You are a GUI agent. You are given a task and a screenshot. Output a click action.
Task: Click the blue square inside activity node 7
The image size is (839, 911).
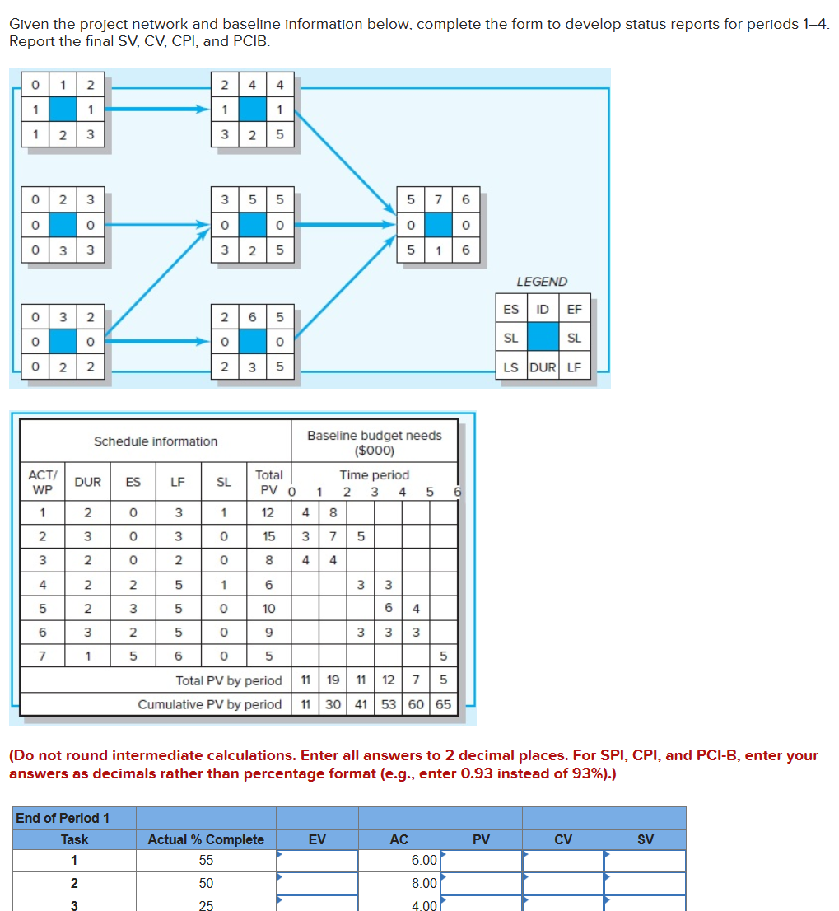[439, 225]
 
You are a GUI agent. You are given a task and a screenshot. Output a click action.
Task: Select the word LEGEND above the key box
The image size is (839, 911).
[542, 282]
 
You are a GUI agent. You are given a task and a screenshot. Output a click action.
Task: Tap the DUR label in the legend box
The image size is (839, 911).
[543, 367]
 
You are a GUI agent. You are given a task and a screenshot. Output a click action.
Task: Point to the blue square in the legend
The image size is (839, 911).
[543, 339]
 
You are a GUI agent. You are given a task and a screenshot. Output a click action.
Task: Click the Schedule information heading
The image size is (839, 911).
[156, 441]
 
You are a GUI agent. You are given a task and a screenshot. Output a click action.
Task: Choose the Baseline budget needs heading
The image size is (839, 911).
[375, 442]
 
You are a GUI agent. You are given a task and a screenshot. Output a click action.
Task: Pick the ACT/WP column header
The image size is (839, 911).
[42, 483]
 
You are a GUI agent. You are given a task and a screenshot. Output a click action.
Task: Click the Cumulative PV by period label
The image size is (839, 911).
[210, 704]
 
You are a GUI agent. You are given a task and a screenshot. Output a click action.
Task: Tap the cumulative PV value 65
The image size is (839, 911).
[443, 704]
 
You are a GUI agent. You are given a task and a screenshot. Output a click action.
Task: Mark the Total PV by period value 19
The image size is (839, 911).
[333, 680]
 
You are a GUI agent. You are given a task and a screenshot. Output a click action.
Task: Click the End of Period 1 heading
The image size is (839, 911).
[63, 818]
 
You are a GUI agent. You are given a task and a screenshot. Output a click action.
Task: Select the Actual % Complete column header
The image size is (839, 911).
[206, 839]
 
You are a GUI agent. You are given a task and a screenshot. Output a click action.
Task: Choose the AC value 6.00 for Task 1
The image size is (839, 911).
[423, 861]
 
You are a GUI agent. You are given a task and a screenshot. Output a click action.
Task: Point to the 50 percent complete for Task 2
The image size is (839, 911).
[206, 883]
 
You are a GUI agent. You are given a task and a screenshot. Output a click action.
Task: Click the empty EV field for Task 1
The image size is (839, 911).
[317, 861]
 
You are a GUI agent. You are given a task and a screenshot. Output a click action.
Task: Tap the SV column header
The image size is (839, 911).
[645, 839]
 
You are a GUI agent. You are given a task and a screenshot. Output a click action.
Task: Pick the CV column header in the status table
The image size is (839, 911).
[563, 839]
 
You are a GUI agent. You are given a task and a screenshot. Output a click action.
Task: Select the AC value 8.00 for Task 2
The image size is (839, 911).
[423, 883]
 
